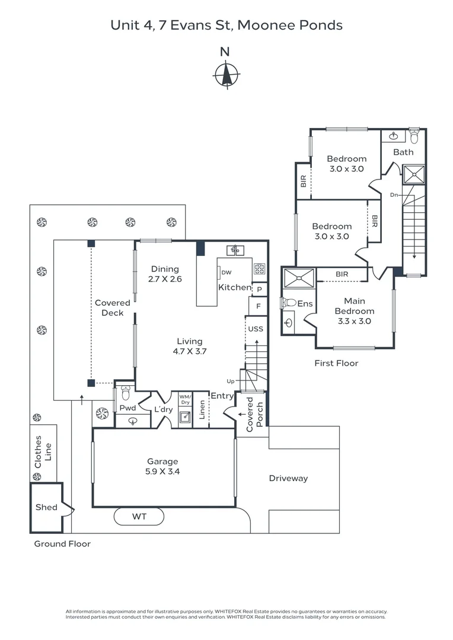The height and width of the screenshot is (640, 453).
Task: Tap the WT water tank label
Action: point(139,517)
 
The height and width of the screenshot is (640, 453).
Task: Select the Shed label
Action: point(46,507)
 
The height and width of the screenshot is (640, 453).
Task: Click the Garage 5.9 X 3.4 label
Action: point(162,467)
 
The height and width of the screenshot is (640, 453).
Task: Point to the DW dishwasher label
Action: point(226,273)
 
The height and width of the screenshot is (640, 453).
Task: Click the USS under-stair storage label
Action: point(256,329)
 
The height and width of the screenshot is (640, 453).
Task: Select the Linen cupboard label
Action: point(202,411)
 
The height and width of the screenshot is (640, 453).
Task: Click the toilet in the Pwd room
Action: point(125,393)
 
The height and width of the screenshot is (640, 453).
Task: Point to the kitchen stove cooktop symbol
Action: point(260,268)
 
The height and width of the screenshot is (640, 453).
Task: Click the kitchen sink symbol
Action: point(235,249)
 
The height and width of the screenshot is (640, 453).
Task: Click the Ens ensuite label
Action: point(305,303)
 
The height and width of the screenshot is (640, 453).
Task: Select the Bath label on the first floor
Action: point(403,152)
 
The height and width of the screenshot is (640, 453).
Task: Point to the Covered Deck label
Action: point(112,308)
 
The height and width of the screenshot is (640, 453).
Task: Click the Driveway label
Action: point(288,478)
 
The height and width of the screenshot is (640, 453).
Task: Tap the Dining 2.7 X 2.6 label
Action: point(165,274)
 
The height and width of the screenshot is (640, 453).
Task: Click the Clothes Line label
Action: point(43,452)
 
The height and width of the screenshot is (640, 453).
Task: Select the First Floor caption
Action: point(336,363)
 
